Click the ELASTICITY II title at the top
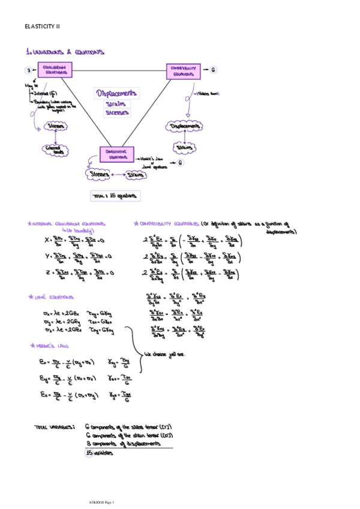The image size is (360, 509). (x=42, y=26)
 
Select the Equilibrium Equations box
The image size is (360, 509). (x=55, y=70)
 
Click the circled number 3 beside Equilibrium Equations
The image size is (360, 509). (x=28, y=70)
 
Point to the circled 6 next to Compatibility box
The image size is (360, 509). (x=214, y=70)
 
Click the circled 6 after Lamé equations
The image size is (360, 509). (x=180, y=163)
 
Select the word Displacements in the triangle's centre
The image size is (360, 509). (x=117, y=93)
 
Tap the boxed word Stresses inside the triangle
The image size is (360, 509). (x=117, y=112)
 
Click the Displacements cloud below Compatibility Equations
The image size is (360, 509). (x=184, y=127)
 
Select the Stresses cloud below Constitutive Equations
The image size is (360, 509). (x=100, y=175)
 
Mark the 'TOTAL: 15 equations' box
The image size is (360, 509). (x=115, y=196)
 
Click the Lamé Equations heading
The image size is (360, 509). (x=52, y=297)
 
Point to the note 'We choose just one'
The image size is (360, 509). (x=165, y=354)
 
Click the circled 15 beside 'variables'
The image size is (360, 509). (x=89, y=453)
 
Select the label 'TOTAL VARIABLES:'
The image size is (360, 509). (x=55, y=427)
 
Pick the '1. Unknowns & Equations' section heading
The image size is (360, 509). (x=65, y=52)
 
